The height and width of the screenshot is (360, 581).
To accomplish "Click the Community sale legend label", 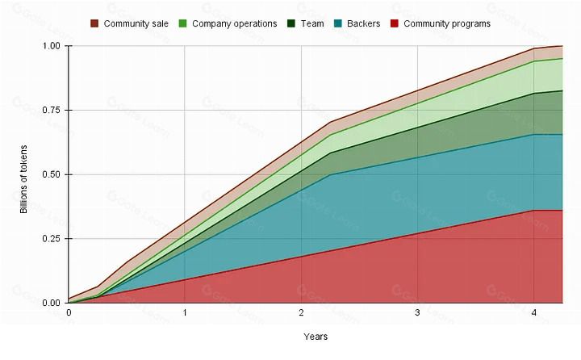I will tap(136, 23).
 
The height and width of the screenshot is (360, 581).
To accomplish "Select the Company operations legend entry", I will tap(234, 23).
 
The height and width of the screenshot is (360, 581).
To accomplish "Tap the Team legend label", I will tap(312, 23).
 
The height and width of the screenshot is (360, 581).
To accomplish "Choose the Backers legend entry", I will tap(363, 23).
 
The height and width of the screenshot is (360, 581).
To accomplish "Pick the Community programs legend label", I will tap(446, 23).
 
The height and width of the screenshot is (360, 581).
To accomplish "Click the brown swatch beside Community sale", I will tap(94, 23).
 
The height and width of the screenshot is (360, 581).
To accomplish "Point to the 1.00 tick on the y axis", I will tap(52, 46).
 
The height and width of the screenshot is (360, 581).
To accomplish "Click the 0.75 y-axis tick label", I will tap(52, 110).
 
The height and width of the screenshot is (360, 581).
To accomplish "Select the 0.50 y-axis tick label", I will tap(52, 174).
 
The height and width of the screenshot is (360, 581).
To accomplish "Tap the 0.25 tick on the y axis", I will tap(52, 238).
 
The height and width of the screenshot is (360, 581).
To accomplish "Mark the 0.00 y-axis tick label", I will tap(52, 303).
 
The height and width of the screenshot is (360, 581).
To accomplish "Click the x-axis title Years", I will tap(316, 336).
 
